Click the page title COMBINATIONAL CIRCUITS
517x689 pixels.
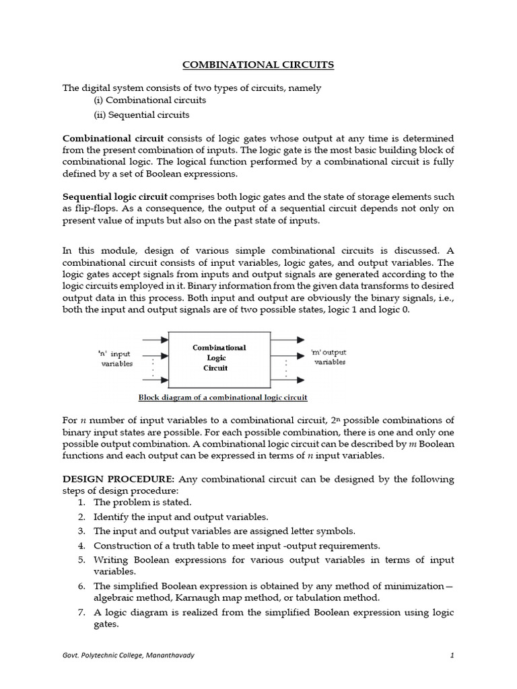pyautogui.click(x=258, y=65)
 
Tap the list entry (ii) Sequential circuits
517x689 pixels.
pyautogui.click(x=141, y=114)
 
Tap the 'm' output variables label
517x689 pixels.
pyautogui.click(x=329, y=357)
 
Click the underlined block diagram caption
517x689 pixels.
pyautogui.click(x=223, y=397)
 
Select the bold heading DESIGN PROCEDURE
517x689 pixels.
pyautogui.click(x=118, y=479)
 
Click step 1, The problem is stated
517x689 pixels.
pyautogui.click(x=143, y=502)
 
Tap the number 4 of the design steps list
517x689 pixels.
pyautogui.click(x=80, y=546)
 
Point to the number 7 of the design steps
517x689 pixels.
pyautogui.click(x=80, y=612)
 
